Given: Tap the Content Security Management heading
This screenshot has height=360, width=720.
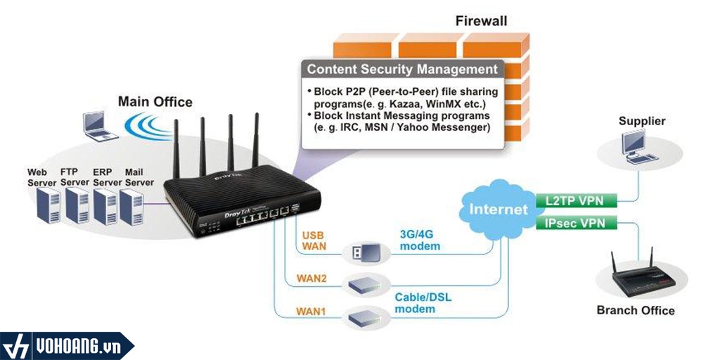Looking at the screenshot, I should tap(402, 70).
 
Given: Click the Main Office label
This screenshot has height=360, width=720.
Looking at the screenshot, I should tap(155, 101).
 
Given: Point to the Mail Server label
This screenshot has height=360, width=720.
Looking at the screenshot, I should tap(139, 177).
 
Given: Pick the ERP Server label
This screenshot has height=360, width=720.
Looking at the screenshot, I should tap(107, 177).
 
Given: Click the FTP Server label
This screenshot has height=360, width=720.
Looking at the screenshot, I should tap(75, 177).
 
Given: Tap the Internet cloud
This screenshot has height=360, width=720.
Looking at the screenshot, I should tap(498, 209).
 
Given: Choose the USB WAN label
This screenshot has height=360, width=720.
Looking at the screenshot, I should tap(314, 240).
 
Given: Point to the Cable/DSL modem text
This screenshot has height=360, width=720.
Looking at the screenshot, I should tap(423, 303).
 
